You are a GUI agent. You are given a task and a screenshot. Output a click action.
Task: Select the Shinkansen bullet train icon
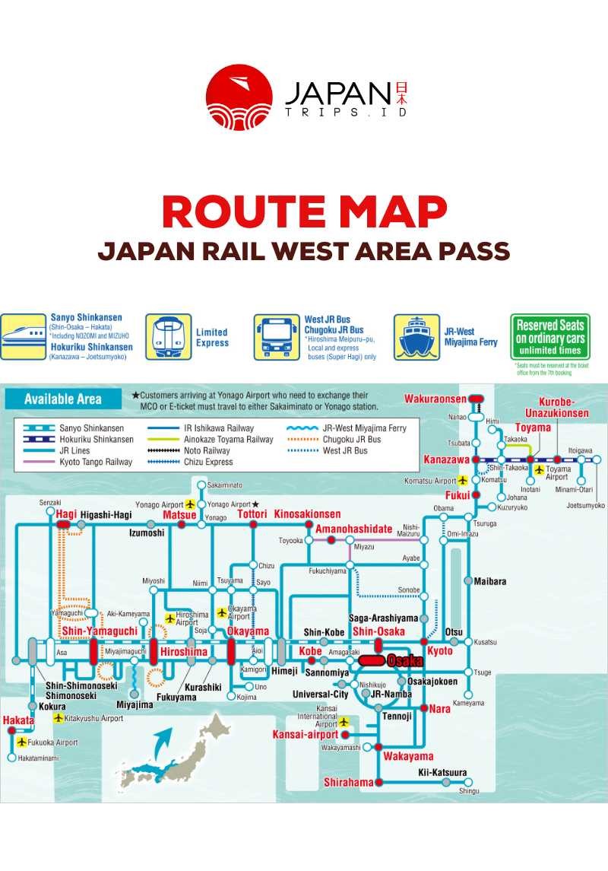point(24,336)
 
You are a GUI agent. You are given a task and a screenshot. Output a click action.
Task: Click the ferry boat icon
point(416,337)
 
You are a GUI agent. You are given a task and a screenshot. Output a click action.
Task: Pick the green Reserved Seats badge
point(549,336)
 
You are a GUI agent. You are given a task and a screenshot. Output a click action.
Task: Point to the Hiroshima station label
point(183,652)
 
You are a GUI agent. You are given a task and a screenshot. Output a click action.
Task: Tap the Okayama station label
point(248,631)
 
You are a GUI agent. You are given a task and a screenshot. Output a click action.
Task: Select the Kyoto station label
point(439,651)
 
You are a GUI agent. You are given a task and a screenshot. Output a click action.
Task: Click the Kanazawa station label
point(445,460)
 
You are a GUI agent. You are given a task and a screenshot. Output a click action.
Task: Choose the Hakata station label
point(17,720)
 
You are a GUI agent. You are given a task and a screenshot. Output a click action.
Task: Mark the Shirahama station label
point(348,782)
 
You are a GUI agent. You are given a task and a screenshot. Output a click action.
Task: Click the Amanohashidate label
point(354,529)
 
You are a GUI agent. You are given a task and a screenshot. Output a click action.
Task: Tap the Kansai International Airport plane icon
point(344,721)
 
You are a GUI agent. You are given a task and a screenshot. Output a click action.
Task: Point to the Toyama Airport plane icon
point(540,470)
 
